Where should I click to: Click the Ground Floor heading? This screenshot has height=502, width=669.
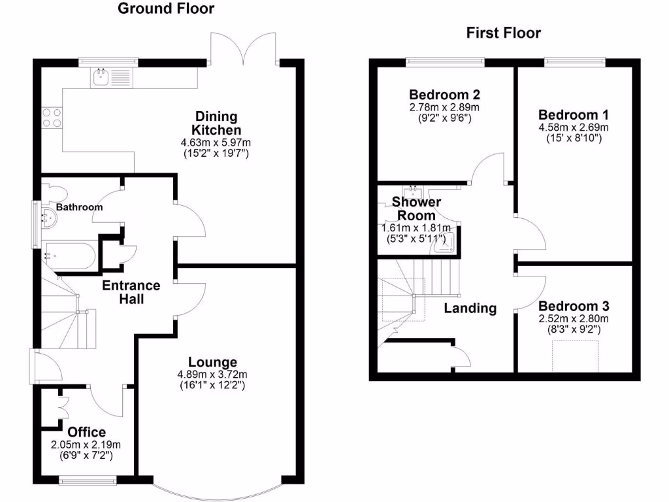(166, 8)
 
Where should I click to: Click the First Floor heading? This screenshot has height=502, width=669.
(504, 33)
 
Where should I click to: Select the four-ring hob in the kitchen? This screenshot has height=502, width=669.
(52, 118)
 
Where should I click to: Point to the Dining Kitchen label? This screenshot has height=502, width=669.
(216, 123)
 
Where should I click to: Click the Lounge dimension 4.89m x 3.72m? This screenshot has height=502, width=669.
(212, 375)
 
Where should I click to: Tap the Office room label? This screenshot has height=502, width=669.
(87, 432)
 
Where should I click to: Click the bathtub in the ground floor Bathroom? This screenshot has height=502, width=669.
(71, 256)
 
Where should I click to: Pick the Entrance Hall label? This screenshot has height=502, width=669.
(131, 292)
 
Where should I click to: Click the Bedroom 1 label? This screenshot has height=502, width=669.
(574, 115)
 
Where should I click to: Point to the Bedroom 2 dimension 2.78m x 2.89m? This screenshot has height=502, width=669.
(444, 107)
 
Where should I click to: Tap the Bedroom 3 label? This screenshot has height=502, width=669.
(574, 306)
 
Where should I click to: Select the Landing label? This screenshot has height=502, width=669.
(470, 309)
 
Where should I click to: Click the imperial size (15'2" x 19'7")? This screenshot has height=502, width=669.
(216, 153)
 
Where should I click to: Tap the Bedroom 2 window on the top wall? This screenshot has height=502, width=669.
(446, 62)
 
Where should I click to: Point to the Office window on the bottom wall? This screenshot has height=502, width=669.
(88, 480)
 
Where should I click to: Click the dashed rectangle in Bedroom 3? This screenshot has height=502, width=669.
(575, 356)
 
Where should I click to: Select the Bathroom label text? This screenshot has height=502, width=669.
(79, 207)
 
